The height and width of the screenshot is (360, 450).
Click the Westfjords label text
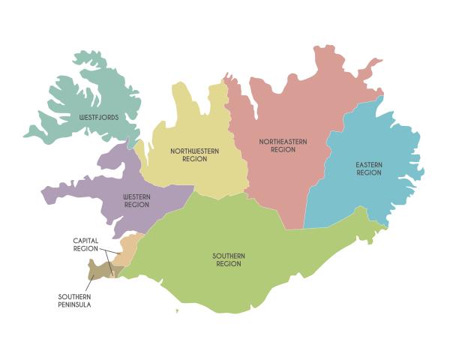click(x=98, y=118)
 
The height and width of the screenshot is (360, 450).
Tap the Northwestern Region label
click(x=194, y=154)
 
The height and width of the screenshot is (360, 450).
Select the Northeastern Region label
click(x=277, y=145)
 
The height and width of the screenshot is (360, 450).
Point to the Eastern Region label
click(x=368, y=169)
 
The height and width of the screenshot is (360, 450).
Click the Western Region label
click(x=136, y=200)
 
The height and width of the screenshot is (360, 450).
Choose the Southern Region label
click(x=228, y=260)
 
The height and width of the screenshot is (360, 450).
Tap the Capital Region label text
click(x=85, y=244)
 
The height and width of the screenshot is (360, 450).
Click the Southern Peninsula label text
click(x=74, y=301)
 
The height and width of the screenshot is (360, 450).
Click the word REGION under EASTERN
click(x=368, y=173)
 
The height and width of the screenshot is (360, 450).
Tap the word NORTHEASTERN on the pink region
click(x=277, y=142)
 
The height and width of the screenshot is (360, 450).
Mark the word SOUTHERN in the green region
click(x=228, y=256)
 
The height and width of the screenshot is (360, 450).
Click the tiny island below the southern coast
click(x=177, y=310)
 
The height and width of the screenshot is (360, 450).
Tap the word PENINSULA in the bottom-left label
click(x=74, y=304)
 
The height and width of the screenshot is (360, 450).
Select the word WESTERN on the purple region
click(x=136, y=196)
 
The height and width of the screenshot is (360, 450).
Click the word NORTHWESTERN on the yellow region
click(x=194, y=151)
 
